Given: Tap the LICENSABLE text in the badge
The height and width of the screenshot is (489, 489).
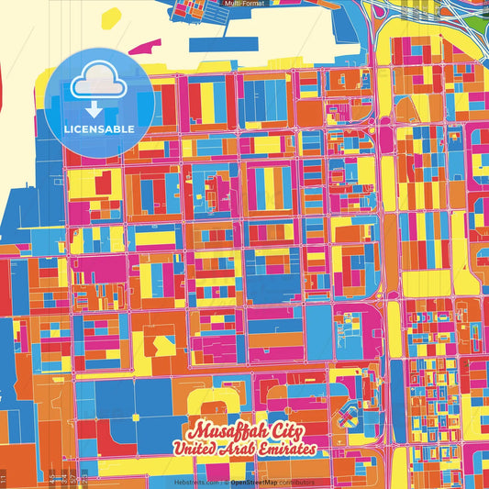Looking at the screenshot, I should (99, 128).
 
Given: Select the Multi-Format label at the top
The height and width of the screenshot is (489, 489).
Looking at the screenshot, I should (244, 4).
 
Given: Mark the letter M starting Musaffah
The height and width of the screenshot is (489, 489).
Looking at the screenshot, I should (194, 431).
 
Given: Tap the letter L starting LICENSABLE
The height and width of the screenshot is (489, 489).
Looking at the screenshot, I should (67, 128).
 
